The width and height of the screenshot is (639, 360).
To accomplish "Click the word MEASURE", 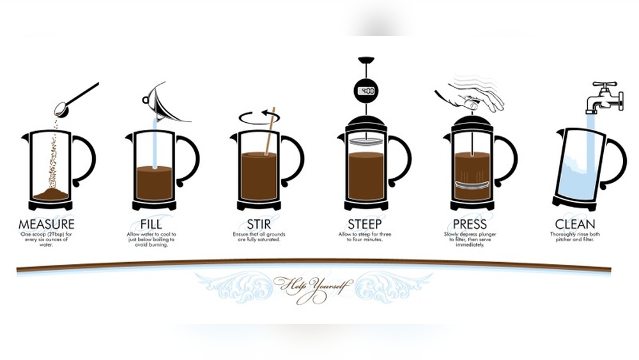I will coord(47,224).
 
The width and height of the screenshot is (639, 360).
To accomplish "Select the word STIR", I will coord(259,224).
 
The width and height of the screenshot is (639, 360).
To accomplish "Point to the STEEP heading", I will coord(366,224).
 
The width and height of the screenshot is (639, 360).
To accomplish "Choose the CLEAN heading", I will coord(575,224).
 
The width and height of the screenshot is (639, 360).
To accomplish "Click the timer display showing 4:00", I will coord(366,91).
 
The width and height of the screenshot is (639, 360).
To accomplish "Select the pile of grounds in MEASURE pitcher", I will coord(51,193).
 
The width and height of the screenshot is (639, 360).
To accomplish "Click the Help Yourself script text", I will coord(313,284).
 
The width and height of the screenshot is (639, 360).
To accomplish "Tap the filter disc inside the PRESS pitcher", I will coord(472,184).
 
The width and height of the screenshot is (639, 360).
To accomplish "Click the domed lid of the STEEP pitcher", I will coord(366,122).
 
